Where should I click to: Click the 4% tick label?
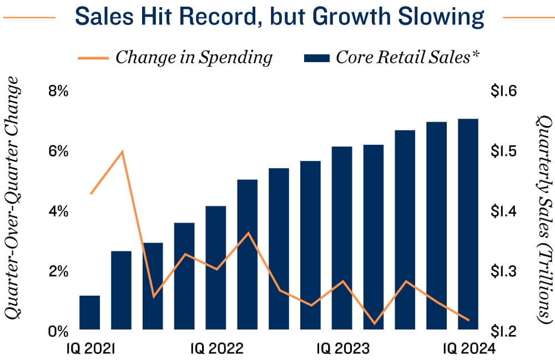click(58, 212)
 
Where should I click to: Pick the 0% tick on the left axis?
click(58, 332)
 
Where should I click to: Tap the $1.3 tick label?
click(503, 272)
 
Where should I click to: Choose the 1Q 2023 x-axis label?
click(343, 349)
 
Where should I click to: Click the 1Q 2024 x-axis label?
click(468, 349)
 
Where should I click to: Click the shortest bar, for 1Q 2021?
click(90, 313)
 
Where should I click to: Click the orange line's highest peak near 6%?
click(122, 151)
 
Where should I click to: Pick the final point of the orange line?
click(469, 320)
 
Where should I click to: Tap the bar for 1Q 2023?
click(342, 239)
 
